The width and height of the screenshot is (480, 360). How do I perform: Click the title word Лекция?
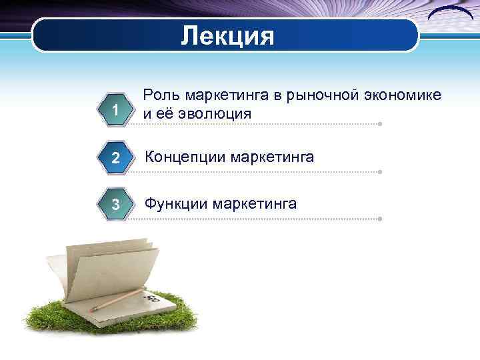pos(227,35)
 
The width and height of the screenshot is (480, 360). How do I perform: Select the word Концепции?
pos(185,157)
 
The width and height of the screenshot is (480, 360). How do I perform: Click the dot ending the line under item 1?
pos(379,124)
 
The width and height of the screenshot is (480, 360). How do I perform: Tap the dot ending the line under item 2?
pos(379,172)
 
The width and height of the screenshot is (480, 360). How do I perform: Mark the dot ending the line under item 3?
pos(379,218)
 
